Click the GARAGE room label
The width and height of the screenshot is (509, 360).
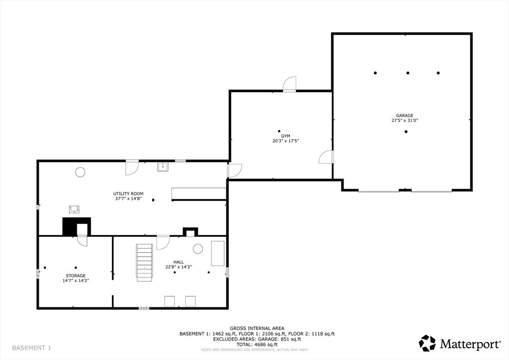point(405,115)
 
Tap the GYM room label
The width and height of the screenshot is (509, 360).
point(286,136)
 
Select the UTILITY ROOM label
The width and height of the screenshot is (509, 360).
point(128,194)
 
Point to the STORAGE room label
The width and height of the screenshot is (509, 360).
point(76,275)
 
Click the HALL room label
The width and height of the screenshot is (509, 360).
point(178,262)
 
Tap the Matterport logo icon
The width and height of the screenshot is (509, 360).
point(427,343)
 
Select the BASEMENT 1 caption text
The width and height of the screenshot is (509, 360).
point(31,348)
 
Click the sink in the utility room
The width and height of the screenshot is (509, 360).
point(163,167)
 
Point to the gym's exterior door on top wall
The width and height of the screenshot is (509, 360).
point(289,84)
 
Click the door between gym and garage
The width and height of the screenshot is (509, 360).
point(326,157)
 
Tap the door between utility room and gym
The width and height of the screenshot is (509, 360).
point(235,171)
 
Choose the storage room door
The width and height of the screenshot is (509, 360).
point(82,241)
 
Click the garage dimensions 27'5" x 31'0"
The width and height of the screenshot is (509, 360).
point(405,120)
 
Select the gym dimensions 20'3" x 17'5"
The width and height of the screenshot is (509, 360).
point(286,141)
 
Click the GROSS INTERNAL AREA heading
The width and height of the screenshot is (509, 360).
point(257,329)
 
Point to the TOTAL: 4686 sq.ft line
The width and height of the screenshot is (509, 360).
point(257,345)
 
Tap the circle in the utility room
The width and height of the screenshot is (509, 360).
point(80,172)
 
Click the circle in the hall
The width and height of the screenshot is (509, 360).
point(198,249)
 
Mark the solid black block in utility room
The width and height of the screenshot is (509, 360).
point(69,226)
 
